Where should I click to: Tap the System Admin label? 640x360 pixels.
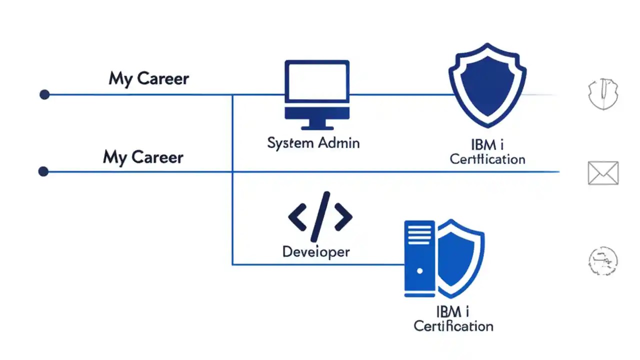(313, 143)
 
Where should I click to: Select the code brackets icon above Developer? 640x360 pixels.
(320, 217)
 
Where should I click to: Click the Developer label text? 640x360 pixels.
(316, 251)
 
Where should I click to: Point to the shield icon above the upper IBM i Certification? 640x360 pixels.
(487, 85)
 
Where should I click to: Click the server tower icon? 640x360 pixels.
(420, 259)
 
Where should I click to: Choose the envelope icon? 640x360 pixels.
(603, 173)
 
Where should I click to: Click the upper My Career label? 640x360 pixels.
(149, 78)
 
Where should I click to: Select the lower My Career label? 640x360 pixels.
(143, 157)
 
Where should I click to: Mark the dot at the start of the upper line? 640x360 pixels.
(44, 94)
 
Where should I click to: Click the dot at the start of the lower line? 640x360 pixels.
(43, 172)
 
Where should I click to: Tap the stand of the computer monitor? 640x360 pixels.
(317, 123)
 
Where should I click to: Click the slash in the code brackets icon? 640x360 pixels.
(320, 217)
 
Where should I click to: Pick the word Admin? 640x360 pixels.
(337, 143)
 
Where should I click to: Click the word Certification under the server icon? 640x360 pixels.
(453, 326)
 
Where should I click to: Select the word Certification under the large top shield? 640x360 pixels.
(487, 159)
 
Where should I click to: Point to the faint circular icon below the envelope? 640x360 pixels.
(602, 260)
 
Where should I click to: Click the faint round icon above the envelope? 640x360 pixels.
(603, 94)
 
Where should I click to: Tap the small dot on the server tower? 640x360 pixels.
(420, 271)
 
